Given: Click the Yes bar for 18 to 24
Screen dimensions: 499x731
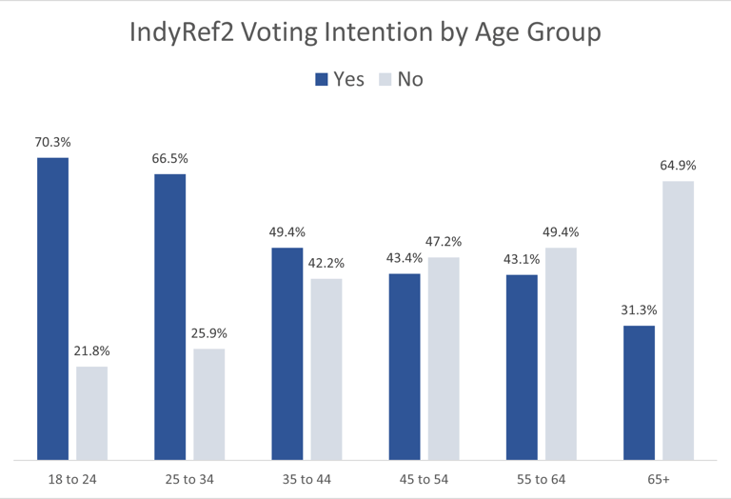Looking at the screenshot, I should pos(52,309).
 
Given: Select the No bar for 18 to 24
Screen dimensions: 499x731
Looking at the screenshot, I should pos(92,413).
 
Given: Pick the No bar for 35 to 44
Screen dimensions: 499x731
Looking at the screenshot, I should pos(326,369).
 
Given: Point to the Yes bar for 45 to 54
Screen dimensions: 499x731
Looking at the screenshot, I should pos(405,367).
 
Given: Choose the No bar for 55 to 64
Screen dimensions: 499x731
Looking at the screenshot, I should pos(561,354).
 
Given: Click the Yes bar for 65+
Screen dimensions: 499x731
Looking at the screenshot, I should pos(640,393).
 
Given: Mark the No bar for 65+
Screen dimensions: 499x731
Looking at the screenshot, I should pos(679,321).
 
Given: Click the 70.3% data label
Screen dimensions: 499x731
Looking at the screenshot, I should pos(53,143).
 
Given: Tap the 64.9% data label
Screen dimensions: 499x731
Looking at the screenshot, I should pos(679,167).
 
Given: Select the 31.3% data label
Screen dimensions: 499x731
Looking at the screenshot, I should pos(639,310).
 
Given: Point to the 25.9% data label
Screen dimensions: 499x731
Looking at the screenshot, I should pos(209,333).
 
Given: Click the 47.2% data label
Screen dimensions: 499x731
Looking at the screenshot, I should pos(444,242).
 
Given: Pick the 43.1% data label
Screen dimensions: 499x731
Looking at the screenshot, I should pos(522,259).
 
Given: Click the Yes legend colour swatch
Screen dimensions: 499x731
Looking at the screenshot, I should pos(322,80).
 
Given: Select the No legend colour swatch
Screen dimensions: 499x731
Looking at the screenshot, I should pos(385,80).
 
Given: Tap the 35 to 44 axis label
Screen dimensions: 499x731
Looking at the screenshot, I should pos(306,480).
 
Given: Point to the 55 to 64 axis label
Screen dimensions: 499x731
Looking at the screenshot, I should pos(541,480).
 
